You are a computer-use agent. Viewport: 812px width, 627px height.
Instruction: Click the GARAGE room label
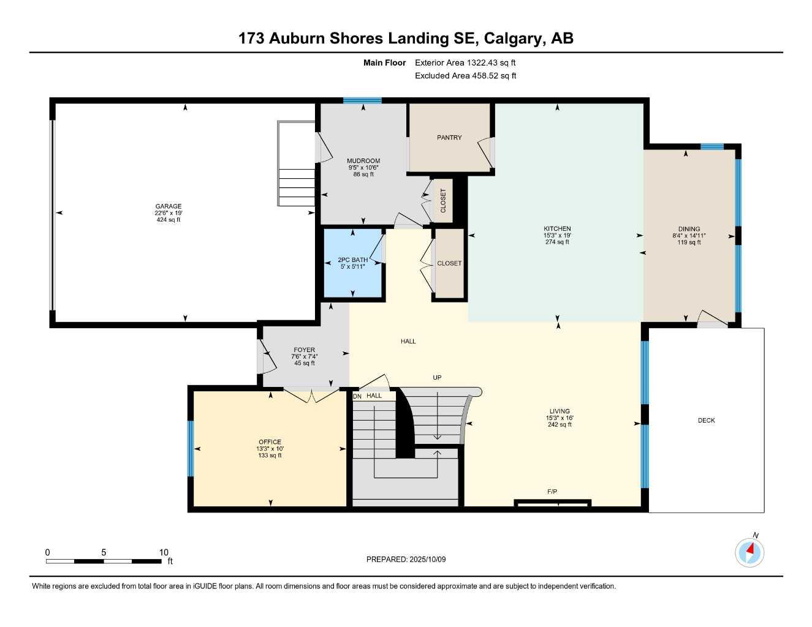pos(168,206)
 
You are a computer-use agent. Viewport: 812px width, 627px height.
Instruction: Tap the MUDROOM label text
pos(363,161)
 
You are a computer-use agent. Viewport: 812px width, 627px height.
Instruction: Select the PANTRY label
pos(449,138)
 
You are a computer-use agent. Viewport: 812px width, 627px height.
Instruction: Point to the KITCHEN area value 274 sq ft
pos(557,242)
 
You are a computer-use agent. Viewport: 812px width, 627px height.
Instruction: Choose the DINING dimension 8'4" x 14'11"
pos(689,236)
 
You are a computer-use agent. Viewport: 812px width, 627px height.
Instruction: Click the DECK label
pos(706,421)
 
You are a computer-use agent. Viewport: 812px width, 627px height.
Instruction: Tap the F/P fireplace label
pos(552,492)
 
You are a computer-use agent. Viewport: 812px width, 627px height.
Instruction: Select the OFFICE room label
pos(270,442)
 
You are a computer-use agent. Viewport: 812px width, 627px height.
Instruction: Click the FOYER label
pos(304,350)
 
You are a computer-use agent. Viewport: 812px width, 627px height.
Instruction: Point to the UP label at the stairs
pos(437,378)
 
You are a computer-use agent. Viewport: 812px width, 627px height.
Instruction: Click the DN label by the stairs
pos(357,396)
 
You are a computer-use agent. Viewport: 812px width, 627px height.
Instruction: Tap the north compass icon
pos(749,552)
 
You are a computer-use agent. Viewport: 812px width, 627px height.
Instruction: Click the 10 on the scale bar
pos(163,552)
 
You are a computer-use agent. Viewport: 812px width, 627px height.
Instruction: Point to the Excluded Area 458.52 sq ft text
pos(465,76)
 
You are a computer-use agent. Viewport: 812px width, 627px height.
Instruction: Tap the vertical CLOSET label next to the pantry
pos(443,200)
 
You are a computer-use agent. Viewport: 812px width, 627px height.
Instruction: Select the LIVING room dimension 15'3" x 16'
pos(559,418)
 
